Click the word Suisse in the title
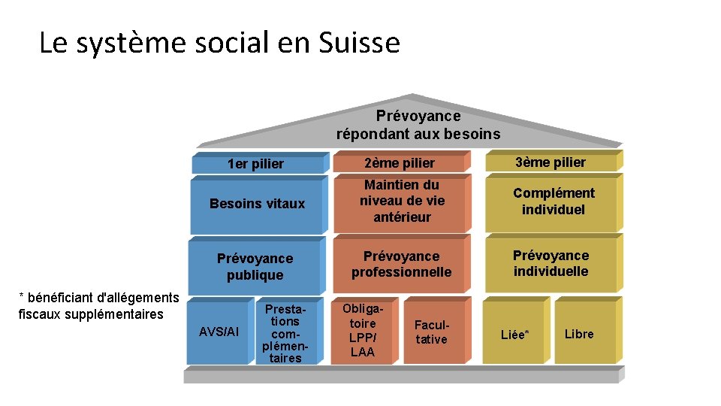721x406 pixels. click(360, 43)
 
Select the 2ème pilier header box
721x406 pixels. click(400, 162)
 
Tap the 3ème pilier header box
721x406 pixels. click(551, 162)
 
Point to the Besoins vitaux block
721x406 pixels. click(257, 204)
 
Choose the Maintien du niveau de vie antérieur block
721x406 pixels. click(402, 201)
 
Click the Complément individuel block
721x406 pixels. click(554, 201)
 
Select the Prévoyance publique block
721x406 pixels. click(255, 266)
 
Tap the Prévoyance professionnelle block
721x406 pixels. click(402, 264)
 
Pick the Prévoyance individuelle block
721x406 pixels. click(551, 263)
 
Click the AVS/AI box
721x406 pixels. click(219, 332)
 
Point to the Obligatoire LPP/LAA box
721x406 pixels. click(363, 331)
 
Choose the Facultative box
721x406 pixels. click(431, 332)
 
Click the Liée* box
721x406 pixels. click(514, 335)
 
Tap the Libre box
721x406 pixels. click(579, 334)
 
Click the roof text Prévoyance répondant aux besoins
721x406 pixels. click(418, 125)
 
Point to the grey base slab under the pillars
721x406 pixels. click(403, 376)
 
